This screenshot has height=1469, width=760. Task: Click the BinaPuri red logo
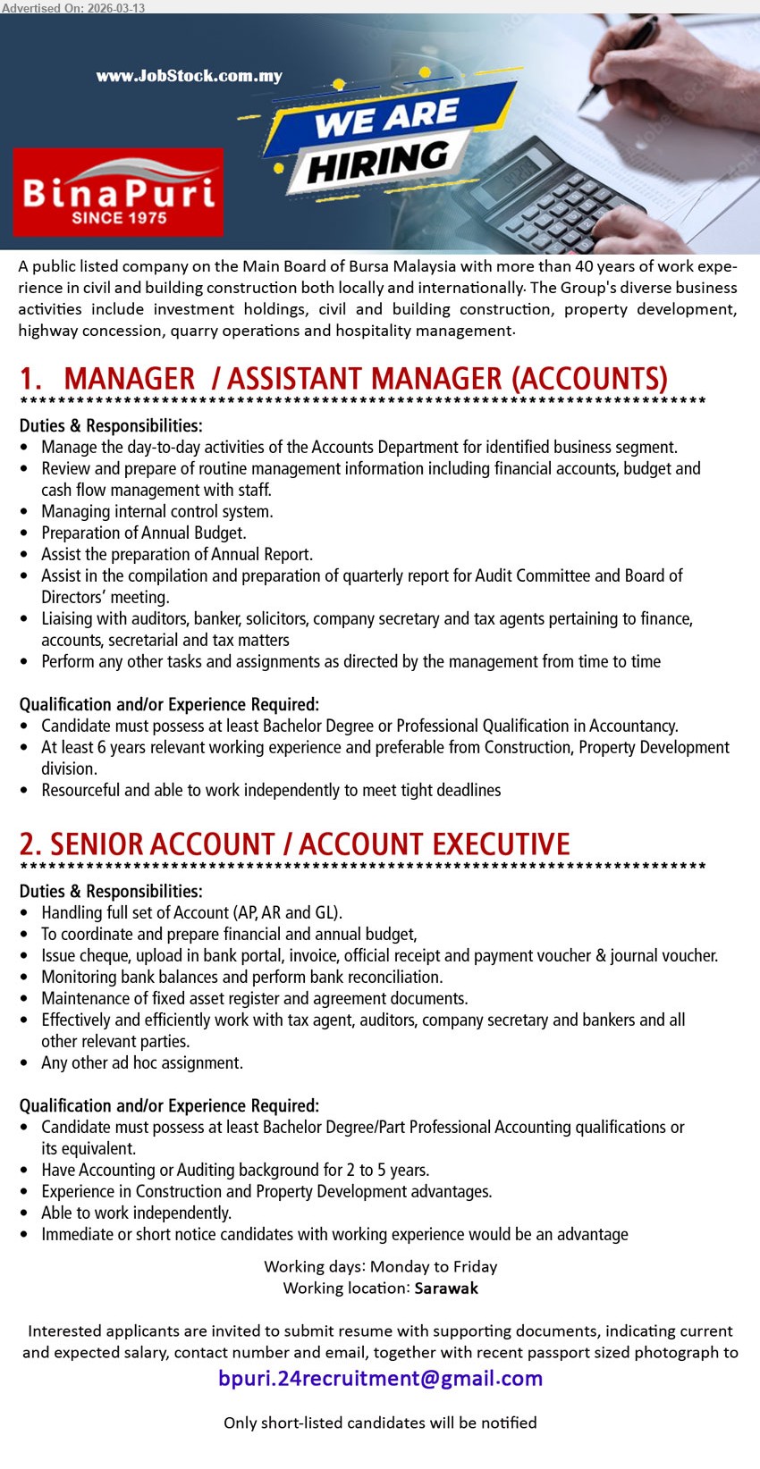(x=118, y=192)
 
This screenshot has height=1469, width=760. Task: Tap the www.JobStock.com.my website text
(x=190, y=76)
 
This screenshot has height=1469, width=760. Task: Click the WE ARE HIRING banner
(x=384, y=139)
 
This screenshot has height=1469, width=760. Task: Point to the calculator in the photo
(x=545, y=197)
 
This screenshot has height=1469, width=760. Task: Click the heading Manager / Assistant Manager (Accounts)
(x=343, y=379)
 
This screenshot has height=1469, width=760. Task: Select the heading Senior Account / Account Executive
(x=295, y=844)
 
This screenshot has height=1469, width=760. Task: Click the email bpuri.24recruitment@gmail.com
(x=380, y=1378)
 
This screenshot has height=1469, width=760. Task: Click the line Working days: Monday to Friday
(x=380, y=1266)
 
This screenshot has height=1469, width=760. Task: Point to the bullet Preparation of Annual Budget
(x=143, y=533)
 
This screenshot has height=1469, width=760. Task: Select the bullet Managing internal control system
(x=156, y=511)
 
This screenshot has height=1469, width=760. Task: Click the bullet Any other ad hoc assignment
(x=141, y=1062)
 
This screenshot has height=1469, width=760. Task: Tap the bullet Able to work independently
(x=136, y=1213)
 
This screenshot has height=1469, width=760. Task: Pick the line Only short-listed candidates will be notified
(x=380, y=1422)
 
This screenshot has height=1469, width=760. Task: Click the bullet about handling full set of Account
(x=191, y=912)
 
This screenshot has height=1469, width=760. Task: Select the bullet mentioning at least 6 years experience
(x=384, y=747)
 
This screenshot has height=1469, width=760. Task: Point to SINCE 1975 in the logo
(x=119, y=217)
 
